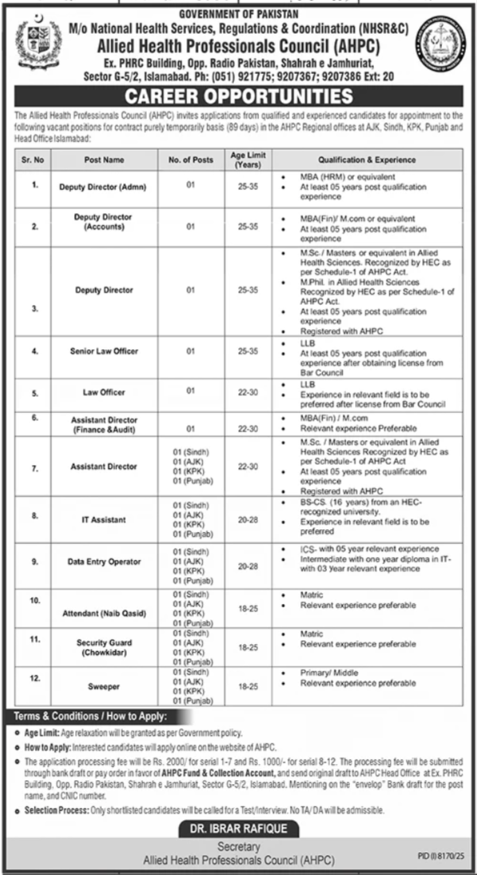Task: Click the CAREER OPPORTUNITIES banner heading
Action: tap(238, 97)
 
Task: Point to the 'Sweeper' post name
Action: tap(104, 683)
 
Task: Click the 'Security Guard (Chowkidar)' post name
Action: tap(104, 646)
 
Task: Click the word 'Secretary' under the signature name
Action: tap(238, 845)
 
